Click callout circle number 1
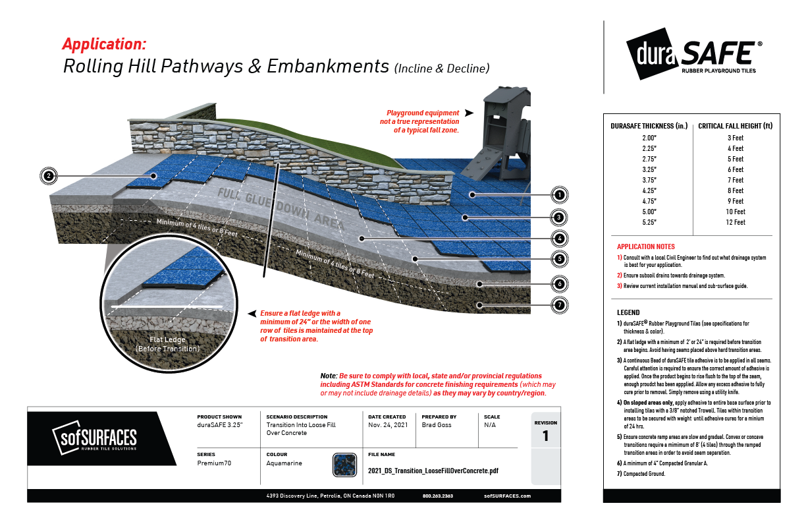pyautogui.click(x=558, y=195)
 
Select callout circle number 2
pyautogui.click(x=48, y=176)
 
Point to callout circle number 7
pyautogui.click(x=558, y=306)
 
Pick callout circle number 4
pyautogui.click(x=558, y=238)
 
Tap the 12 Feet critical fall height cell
pyautogui.click(x=735, y=222)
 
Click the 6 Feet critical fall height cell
pyautogui.click(x=735, y=169)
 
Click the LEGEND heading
pyautogui.click(x=628, y=312)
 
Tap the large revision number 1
pyautogui.click(x=545, y=436)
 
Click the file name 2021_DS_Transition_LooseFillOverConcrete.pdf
pyautogui.click(x=433, y=471)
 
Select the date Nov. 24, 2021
pyautogui.click(x=388, y=425)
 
